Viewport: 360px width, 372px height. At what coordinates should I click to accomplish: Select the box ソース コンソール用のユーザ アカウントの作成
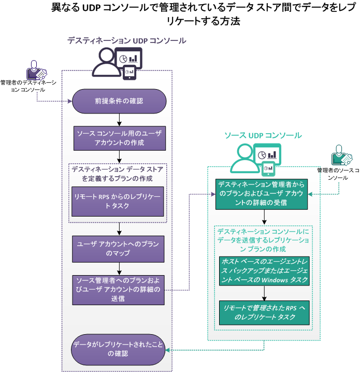point(119,138)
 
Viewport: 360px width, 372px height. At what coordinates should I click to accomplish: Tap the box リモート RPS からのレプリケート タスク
point(119,202)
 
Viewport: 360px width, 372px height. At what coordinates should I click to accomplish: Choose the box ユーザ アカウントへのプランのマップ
point(119,249)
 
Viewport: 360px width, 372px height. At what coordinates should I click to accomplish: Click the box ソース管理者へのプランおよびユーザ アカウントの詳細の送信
point(119,290)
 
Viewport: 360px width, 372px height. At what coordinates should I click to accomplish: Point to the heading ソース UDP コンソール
point(263,136)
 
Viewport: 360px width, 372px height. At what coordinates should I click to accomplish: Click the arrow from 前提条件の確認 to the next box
point(120,120)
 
